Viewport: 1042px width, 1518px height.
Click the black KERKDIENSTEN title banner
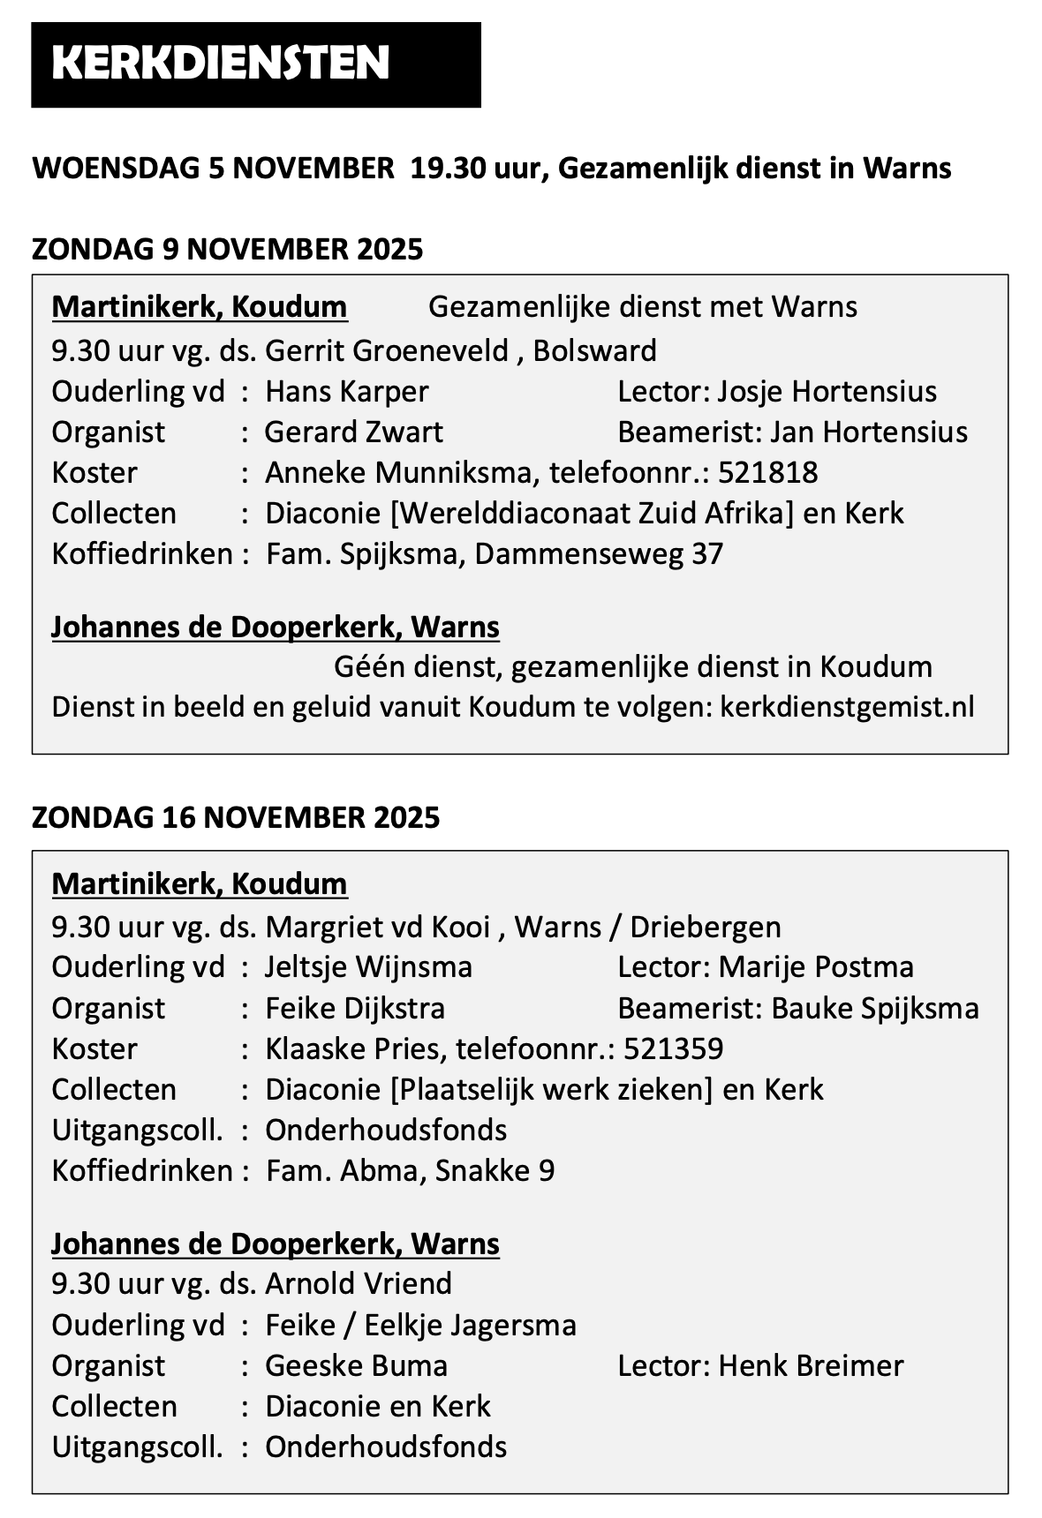[x=255, y=64]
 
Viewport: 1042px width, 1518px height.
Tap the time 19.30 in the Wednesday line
[x=447, y=168]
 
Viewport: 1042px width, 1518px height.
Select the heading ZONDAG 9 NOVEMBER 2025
[x=227, y=250]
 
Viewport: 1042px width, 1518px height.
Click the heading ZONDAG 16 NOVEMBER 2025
[x=235, y=817]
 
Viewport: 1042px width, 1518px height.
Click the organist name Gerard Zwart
[x=354, y=432]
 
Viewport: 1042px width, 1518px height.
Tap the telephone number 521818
[x=767, y=472]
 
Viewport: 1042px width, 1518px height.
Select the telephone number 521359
[x=673, y=1048]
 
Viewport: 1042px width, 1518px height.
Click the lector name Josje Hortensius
[x=827, y=391]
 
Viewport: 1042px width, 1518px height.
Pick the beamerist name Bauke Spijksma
[x=874, y=1008]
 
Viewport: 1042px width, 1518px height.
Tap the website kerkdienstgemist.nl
[x=847, y=707]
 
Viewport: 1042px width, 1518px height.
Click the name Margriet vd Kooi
[x=377, y=927]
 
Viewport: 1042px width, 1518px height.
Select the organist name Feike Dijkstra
[x=355, y=1008]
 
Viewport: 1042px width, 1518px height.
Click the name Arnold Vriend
[x=359, y=1282]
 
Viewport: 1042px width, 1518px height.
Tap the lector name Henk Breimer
[x=811, y=1365]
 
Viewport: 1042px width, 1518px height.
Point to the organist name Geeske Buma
[x=356, y=1365]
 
